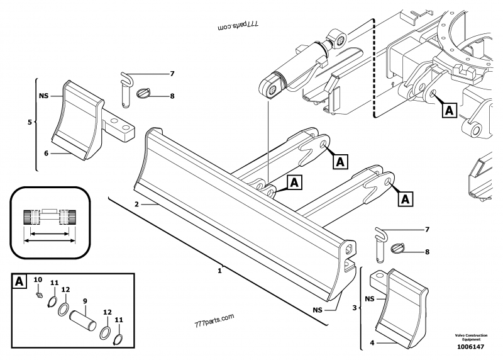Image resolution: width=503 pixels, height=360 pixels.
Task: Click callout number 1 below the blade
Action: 219,271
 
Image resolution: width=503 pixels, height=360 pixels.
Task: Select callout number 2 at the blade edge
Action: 136,205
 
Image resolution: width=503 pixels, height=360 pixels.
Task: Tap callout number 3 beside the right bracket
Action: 354,308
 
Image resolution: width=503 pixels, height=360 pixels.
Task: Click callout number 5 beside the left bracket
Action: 30,122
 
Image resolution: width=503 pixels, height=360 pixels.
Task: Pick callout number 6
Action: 45,152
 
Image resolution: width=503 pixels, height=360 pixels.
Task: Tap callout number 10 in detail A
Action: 37,279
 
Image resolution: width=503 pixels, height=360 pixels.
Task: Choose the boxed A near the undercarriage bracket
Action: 448,110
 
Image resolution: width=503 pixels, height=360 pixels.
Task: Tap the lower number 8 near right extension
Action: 427,252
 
